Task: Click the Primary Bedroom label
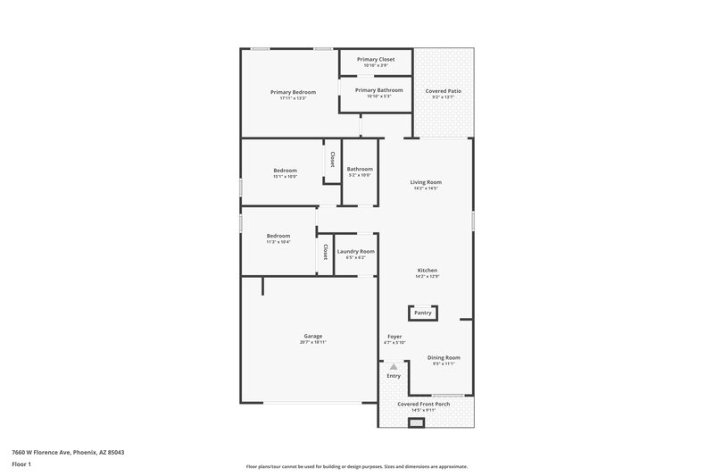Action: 294,92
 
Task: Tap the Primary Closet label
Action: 376,59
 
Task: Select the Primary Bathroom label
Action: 378,90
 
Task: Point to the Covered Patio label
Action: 443,91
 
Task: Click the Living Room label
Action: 426,182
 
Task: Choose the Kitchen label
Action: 427,270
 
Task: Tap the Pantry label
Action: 422,313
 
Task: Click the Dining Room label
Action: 444,357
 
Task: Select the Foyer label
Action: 394,336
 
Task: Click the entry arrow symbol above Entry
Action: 394,366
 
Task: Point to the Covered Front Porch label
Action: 423,404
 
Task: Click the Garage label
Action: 312,336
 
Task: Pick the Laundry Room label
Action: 355,252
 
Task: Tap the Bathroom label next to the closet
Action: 360,169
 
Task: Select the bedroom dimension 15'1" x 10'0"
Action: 285,176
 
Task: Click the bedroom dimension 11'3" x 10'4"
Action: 278,242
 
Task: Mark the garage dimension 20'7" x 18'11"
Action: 312,342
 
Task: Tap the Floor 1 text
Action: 21,465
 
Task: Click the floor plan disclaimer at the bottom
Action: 356,466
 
